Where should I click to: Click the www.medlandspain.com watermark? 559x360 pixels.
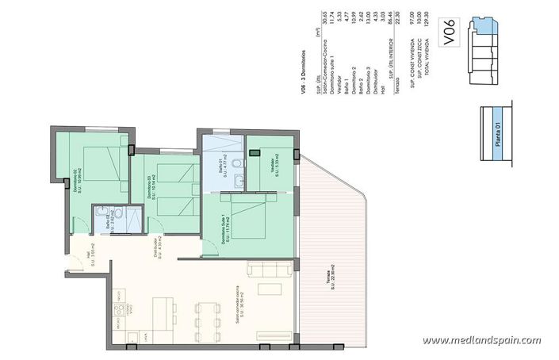tap(481, 340)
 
